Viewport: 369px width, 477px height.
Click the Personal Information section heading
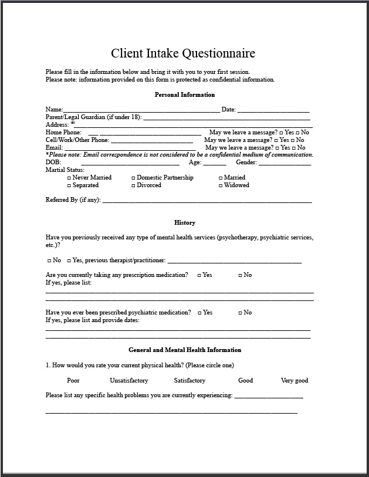click(184, 94)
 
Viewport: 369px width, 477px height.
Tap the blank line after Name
click(141, 110)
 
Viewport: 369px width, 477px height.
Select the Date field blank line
click(273, 110)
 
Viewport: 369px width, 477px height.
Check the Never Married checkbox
click(69, 178)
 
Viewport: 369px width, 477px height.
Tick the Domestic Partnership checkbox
click(133, 178)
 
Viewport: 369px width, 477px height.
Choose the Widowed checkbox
click(221, 185)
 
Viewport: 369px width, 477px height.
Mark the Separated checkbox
click(69, 185)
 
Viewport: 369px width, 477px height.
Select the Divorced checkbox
click(133, 185)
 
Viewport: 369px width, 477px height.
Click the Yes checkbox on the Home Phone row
click(282, 133)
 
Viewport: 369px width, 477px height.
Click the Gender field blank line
click(285, 163)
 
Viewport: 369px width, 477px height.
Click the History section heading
click(184, 222)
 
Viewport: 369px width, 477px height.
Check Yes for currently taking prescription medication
click(199, 275)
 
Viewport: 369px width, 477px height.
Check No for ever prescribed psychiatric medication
click(241, 313)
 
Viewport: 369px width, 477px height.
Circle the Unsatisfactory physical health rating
click(129, 380)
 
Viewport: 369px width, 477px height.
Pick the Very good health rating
click(294, 380)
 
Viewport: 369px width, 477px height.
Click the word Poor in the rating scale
click(73, 380)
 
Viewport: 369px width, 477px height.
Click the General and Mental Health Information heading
click(184, 350)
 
